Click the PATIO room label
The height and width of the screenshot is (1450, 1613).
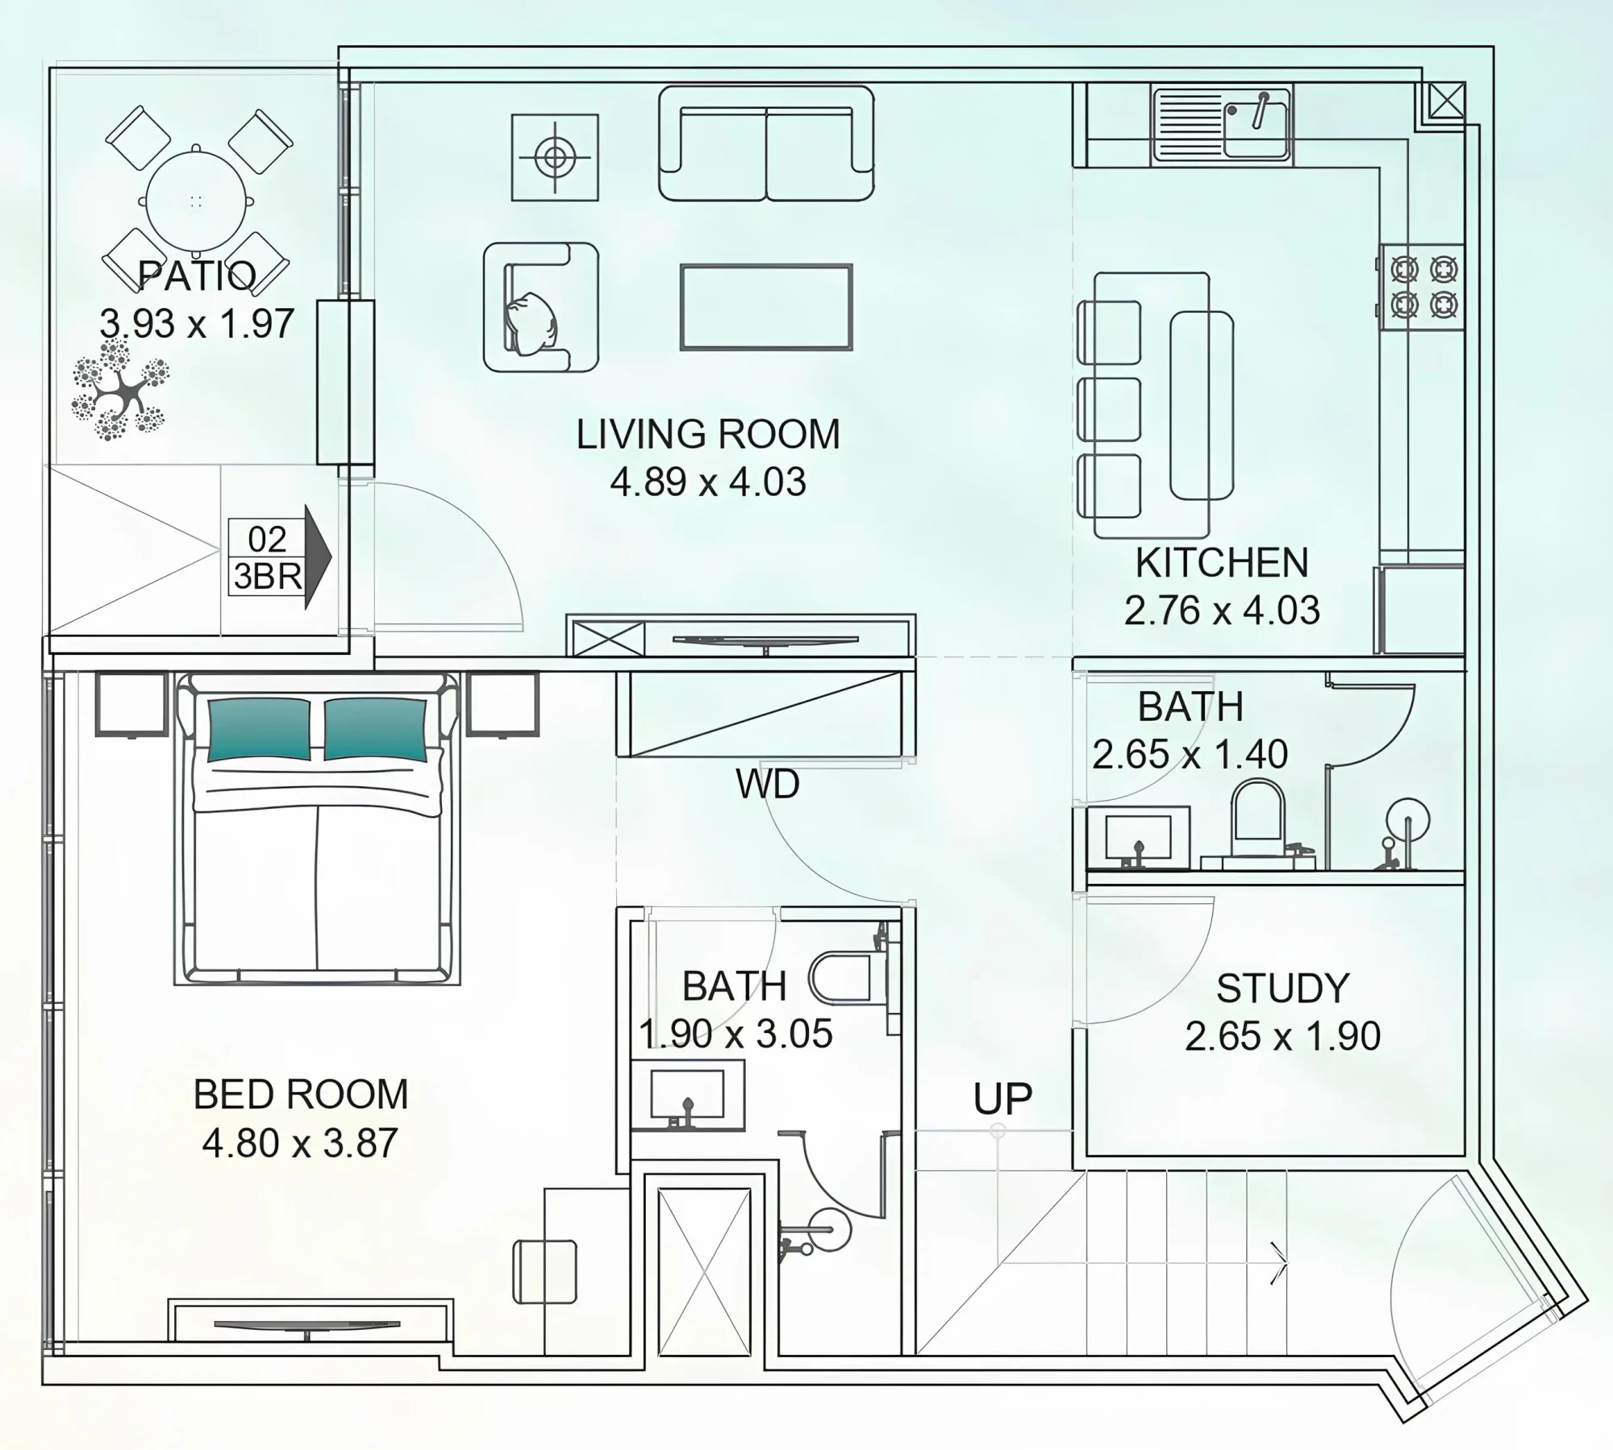pyautogui.click(x=197, y=276)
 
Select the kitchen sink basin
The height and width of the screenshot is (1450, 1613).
pyautogui.click(x=1256, y=130)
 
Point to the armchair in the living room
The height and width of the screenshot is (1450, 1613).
pyautogui.click(x=541, y=307)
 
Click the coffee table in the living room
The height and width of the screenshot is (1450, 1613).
pyautogui.click(x=766, y=307)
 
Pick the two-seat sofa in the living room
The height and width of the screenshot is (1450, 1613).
pyautogui.click(x=766, y=144)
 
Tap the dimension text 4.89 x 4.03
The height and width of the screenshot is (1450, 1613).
pyautogui.click(x=708, y=482)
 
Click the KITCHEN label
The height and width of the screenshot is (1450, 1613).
pyautogui.click(x=1222, y=563)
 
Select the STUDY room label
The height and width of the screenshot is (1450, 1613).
pyautogui.click(x=1282, y=989)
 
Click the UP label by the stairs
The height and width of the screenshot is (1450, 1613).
pyautogui.click(x=1002, y=1098)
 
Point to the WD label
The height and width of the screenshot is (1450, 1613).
pyautogui.click(x=768, y=784)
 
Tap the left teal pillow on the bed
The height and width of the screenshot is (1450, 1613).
pyautogui.click(x=259, y=730)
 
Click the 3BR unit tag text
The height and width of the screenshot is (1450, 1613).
pyautogui.click(x=268, y=577)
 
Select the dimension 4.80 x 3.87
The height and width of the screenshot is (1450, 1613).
pyautogui.click(x=300, y=1144)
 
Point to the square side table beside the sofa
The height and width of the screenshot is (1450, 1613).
pyautogui.click(x=555, y=157)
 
